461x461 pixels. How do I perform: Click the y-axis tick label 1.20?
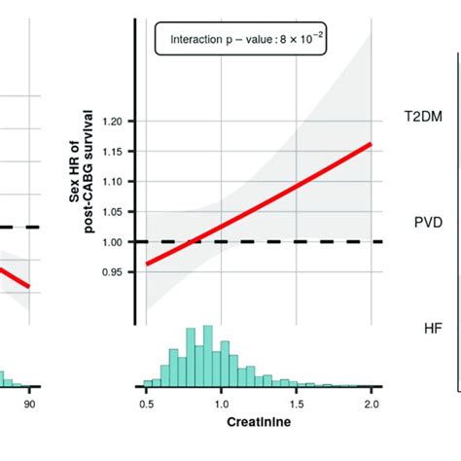coord(115,122)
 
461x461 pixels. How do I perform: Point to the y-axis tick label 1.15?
coord(115,152)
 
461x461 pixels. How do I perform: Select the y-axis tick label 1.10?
coord(115,182)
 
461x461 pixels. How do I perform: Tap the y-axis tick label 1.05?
coord(115,212)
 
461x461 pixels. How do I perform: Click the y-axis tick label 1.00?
coord(115,242)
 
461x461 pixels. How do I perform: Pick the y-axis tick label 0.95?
coord(115,272)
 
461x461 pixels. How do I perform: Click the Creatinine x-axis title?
coord(258,425)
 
